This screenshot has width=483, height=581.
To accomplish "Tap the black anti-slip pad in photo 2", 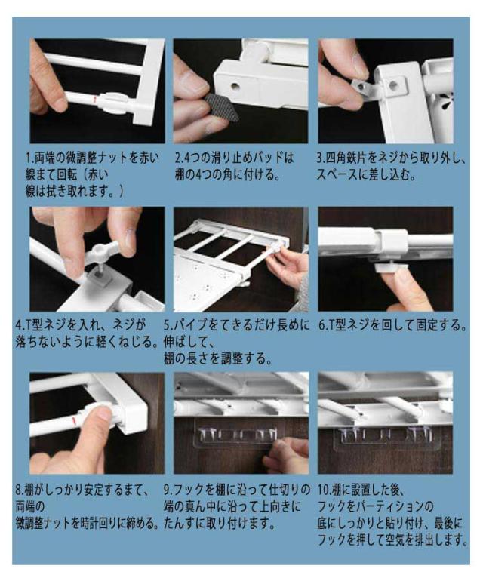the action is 221,108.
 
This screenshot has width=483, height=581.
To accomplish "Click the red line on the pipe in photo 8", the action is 74,421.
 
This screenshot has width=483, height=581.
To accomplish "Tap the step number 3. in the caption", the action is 321,158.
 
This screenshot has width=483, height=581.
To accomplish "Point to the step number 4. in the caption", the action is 20,325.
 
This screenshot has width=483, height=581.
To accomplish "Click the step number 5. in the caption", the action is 168,325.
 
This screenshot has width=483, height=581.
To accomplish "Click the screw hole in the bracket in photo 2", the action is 235,87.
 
